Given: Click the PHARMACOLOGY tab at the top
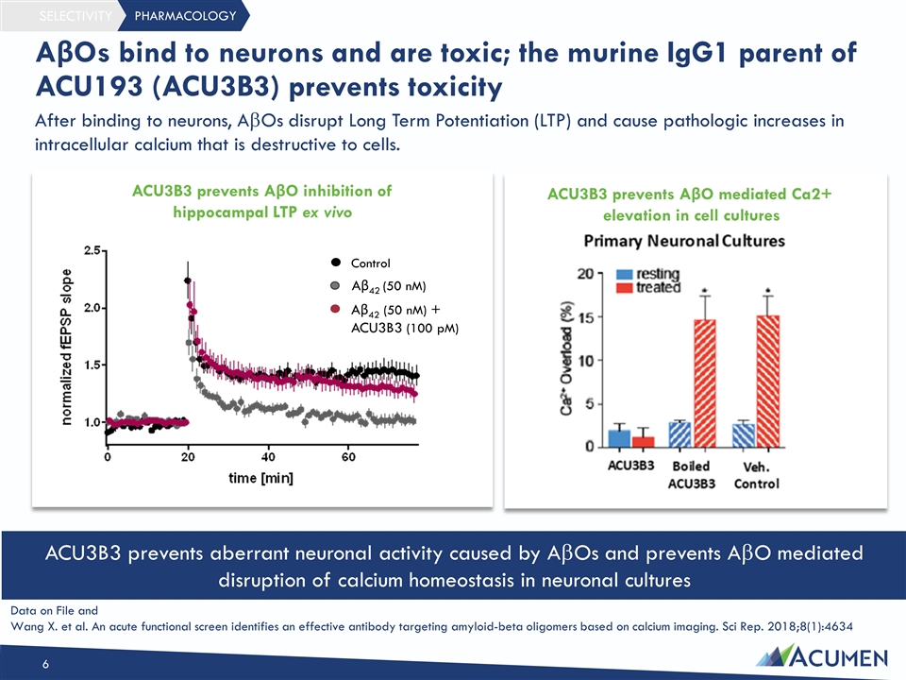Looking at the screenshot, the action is (x=185, y=16).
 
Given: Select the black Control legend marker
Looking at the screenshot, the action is (x=335, y=263).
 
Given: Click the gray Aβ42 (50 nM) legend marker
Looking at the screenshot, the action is (x=335, y=285).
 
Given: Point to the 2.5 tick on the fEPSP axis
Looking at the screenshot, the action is (x=92, y=250).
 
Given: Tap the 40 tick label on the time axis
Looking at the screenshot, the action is (x=268, y=457).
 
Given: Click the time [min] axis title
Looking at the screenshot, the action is (x=260, y=478).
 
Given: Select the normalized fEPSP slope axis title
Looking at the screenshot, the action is (x=66, y=347).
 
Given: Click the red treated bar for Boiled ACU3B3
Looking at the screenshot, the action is (x=704, y=383).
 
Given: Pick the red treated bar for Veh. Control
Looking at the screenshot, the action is (x=768, y=382).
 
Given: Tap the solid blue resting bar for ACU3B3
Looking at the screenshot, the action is (x=619, y=438).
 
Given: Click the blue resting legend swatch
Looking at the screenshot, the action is (x=625, y=274).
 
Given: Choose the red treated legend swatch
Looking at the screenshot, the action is (x=625, y=287).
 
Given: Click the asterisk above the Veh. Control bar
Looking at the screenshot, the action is (x=768, y=291).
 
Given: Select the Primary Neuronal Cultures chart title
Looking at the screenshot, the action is (x=684, y=241).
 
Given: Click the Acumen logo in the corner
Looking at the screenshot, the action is (x=822, y=657).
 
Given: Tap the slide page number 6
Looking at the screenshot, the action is (x=45, y=664).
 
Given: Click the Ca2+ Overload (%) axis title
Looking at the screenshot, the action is (x=566, y=358).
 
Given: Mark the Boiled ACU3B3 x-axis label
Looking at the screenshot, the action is (x=691, y=475).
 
